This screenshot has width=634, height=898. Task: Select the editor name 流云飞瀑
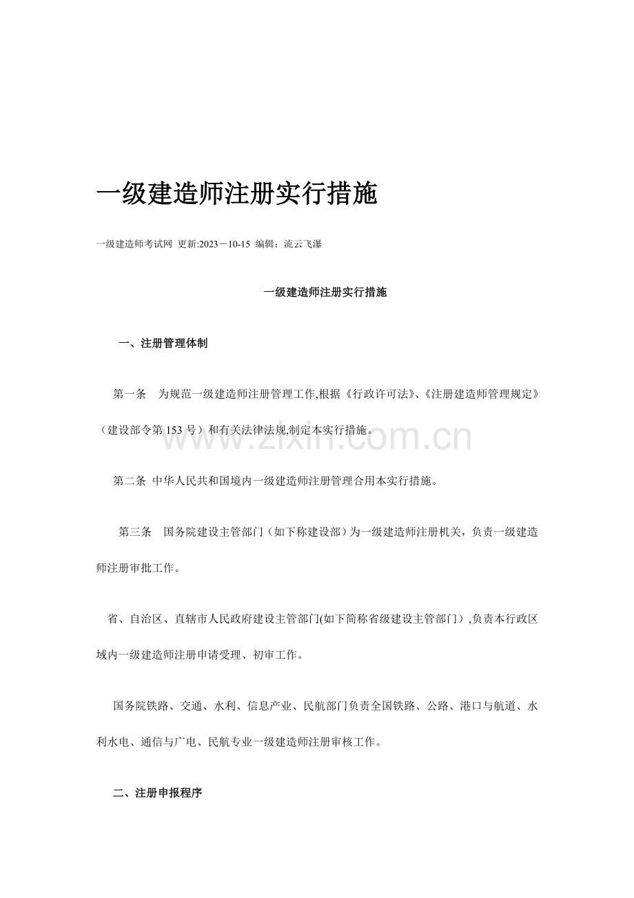tap(303, 245)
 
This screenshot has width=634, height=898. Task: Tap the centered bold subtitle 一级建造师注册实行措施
tap(325, 292)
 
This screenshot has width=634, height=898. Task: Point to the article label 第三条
tap(135, 532)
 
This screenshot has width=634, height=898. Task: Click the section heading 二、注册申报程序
tap(157, 793)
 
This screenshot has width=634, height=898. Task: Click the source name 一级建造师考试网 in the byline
tap(134, 245)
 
